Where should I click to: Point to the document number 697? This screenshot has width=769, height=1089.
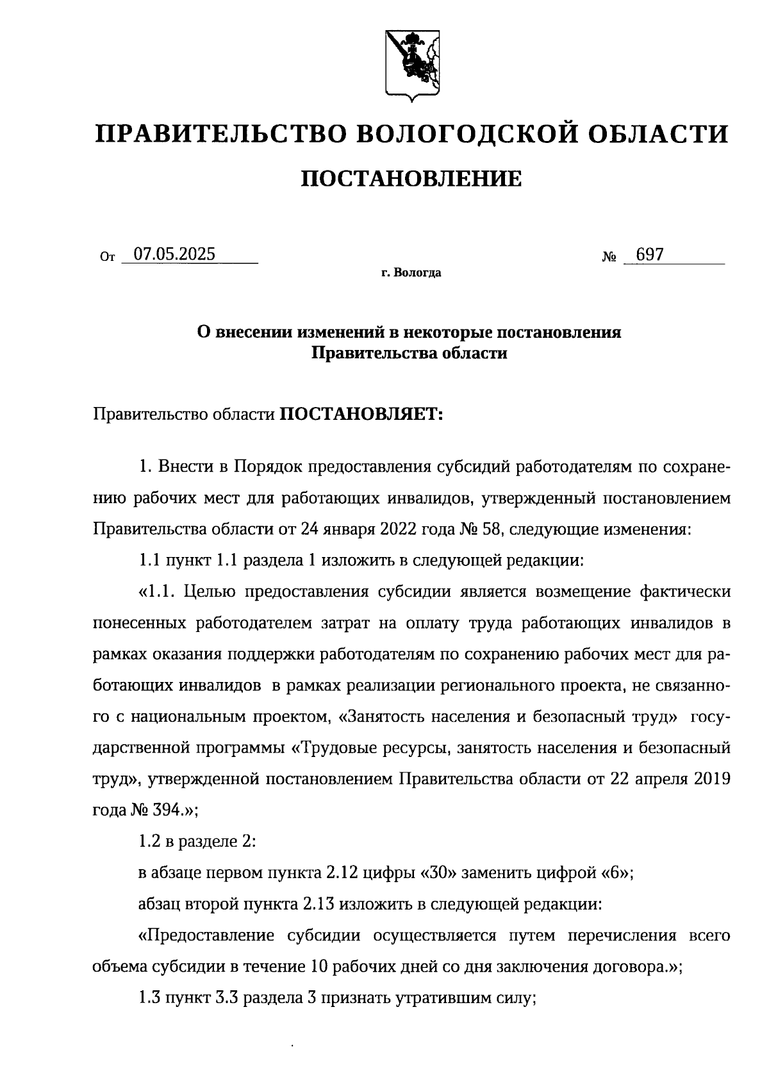coord(650,254)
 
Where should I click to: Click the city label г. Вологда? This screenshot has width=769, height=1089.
coord(411,273)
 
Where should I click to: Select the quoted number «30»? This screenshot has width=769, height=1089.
coord(438,873)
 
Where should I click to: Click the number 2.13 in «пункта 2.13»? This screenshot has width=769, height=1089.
coord(316,904)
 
